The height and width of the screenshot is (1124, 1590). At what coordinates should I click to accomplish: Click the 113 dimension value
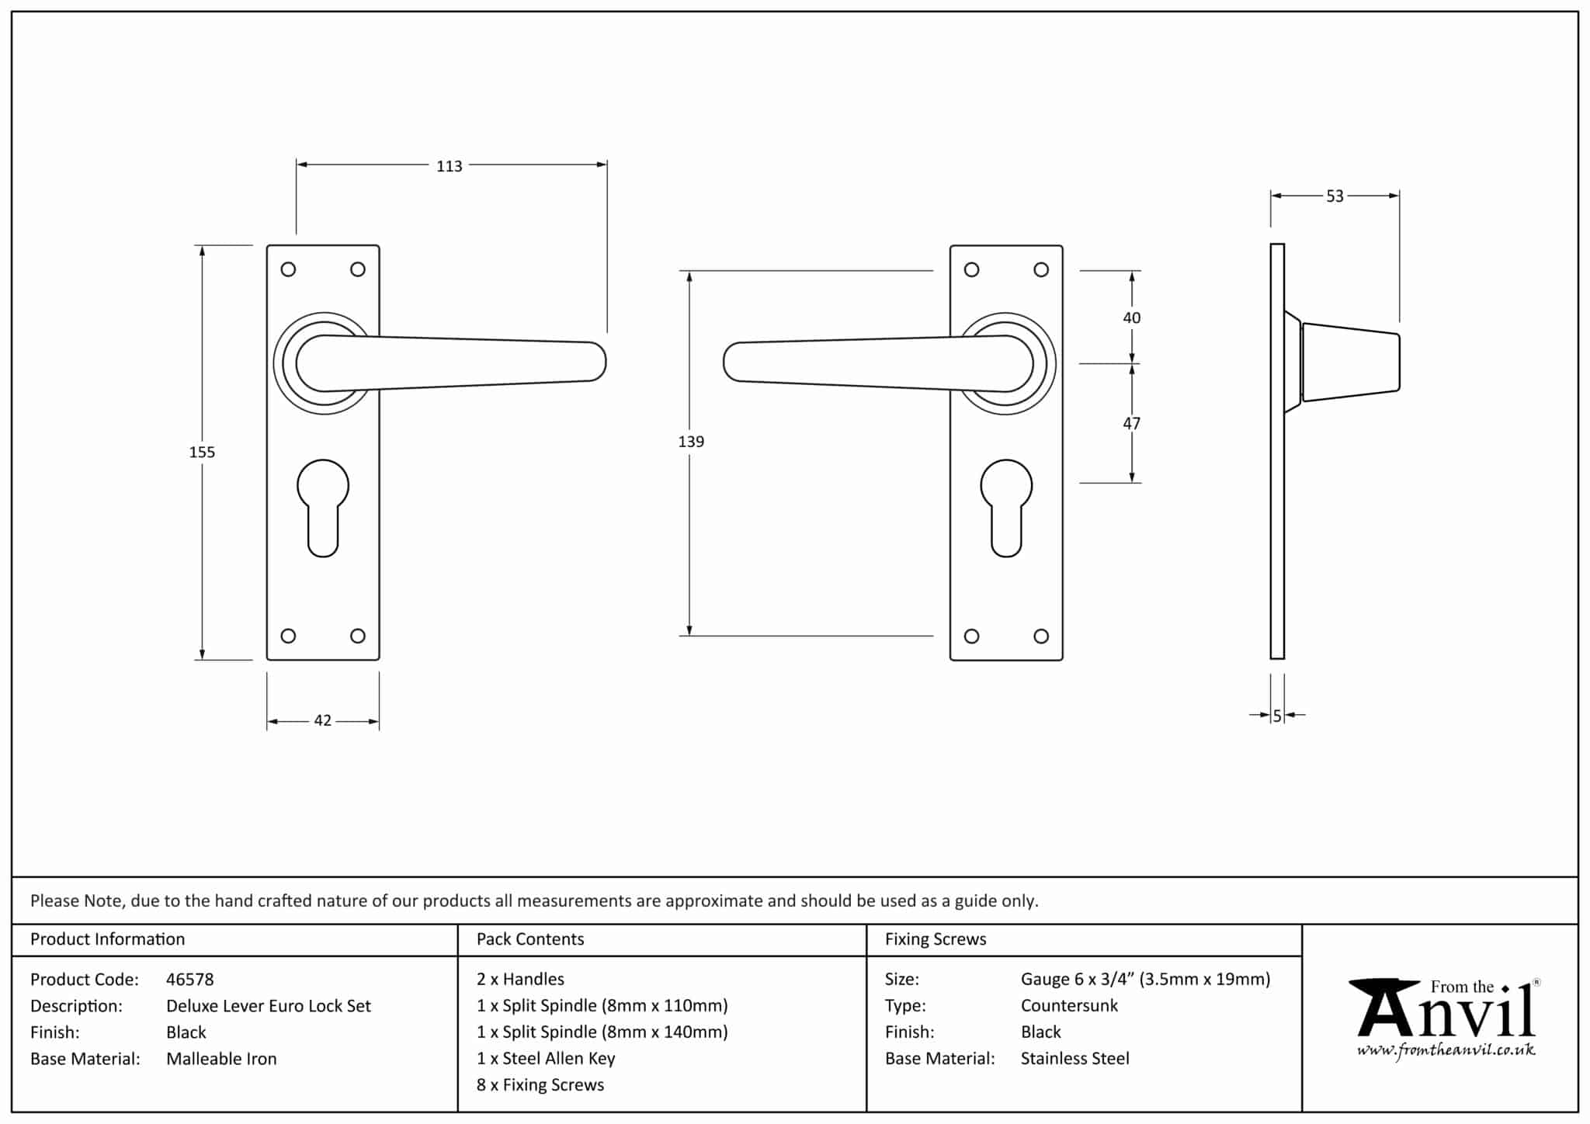[449, 166]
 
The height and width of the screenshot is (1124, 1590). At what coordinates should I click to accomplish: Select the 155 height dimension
[202, 452]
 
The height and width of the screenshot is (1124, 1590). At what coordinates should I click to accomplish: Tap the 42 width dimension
[323, 720]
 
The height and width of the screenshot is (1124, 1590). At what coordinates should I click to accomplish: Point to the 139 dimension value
[691, 442]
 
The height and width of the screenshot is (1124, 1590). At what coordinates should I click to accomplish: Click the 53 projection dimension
[1335, 196]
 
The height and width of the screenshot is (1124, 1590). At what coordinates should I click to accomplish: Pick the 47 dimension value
[1132, 423]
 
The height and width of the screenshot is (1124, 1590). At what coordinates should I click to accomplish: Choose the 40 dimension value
[1132, 317]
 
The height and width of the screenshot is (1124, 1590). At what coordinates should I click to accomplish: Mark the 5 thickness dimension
[1277, 716]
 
